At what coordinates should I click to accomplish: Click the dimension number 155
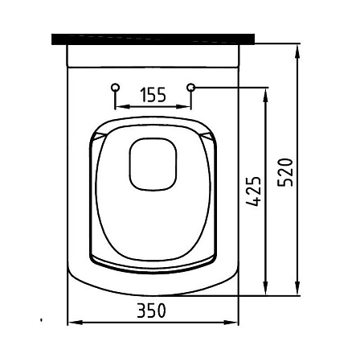(153, 95)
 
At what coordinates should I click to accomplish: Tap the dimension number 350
(151, 311)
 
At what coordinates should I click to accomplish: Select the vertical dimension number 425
(253, 191)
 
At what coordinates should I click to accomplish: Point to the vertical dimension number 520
(285, 173)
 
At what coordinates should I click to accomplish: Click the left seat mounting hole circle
(116, 87)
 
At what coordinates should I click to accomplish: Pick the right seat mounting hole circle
(191, 87)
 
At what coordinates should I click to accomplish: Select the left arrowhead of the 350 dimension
(75, 323)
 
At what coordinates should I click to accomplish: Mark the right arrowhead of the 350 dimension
(231, 323)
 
